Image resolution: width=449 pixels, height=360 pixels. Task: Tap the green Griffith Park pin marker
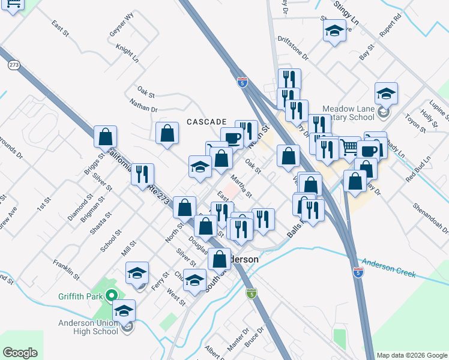pos(111,295)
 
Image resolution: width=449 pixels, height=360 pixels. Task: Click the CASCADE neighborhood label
pos(206,121)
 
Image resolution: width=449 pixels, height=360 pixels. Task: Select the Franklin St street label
pos(66,269)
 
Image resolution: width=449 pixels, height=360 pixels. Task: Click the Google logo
pos(20,352)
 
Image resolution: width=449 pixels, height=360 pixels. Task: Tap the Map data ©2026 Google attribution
pos(411,355)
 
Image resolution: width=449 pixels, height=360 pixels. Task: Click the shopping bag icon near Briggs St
pos(106,138)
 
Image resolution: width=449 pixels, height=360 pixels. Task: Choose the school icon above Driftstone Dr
pos(334,32)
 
